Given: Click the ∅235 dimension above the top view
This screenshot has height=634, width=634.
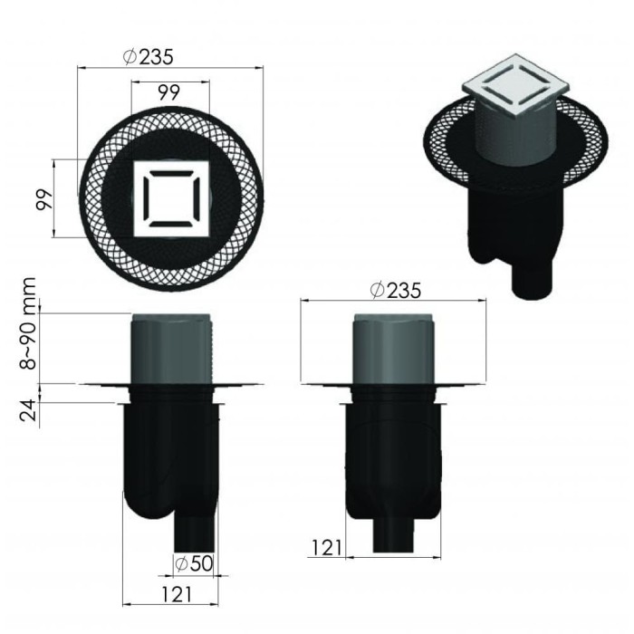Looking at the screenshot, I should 148,55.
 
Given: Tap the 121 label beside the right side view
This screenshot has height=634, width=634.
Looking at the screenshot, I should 326,546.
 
